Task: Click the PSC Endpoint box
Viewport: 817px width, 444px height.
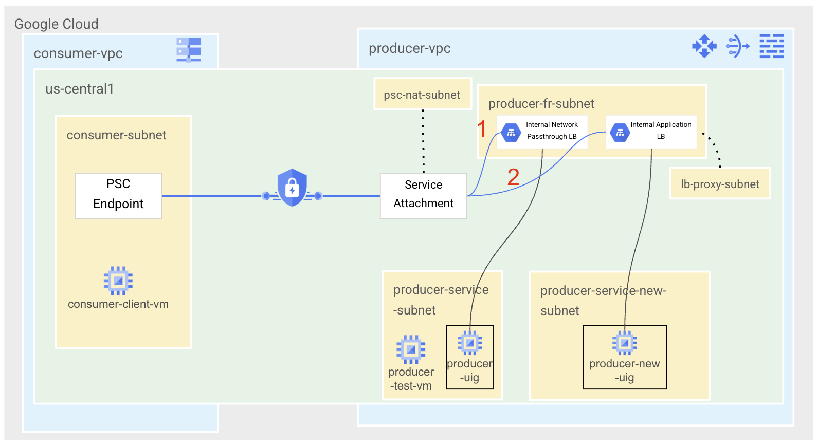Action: click(118, 196)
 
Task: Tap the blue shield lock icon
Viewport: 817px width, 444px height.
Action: click(292, 188)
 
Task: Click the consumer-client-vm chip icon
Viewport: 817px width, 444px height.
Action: click(118, 281)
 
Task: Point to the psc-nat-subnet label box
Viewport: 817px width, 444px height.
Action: click(422, 94)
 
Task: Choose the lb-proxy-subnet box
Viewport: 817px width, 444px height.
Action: click(720, 183)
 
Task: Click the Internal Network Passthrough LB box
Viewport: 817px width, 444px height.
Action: click(542, 132)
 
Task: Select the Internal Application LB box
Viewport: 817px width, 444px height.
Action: click(651, 132)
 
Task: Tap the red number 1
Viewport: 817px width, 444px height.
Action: click(482, 128)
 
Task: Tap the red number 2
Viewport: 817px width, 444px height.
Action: click(513, 177)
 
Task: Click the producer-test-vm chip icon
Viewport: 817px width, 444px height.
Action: click(411, 349)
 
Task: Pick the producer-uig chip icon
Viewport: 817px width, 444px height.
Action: click(470, 342)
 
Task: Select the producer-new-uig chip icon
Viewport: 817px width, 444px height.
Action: click(624, 343)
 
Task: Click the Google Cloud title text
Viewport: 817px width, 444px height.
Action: click(57, 24)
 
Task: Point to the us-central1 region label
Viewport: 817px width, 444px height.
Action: click(80, 89)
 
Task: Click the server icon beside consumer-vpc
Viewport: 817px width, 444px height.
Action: click(189, 49)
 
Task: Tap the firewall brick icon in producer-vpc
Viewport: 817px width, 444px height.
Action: click(771, 46)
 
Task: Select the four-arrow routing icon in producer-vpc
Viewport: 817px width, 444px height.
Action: click(704, 46)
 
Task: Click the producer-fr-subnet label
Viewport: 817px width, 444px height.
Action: click(541, 104)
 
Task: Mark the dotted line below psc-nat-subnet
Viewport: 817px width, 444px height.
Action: click(423, 141)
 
